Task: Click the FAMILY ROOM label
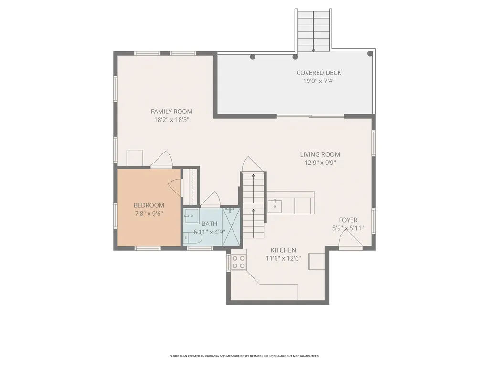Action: click(171, 112)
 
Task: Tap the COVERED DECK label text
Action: click(319, 73)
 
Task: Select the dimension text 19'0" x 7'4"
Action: click(319, 81)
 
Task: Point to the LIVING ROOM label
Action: click(320, 154)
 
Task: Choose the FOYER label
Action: click(348, 220)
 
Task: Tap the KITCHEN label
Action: click(283, 250)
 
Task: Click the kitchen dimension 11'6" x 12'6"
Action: click(283, 258)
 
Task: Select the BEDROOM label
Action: click(149, 205)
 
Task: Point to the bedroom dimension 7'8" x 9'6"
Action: click(149, 213)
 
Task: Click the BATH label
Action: click(209, 224)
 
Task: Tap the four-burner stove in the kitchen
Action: click(239, 262)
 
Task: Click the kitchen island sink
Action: click(275, 207)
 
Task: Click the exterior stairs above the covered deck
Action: click(313, 30)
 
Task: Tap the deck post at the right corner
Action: click(370, 53)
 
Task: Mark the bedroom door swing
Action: click(176, 188)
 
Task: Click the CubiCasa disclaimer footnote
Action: click(244, 356)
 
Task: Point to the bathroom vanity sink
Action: click(191, 215)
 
